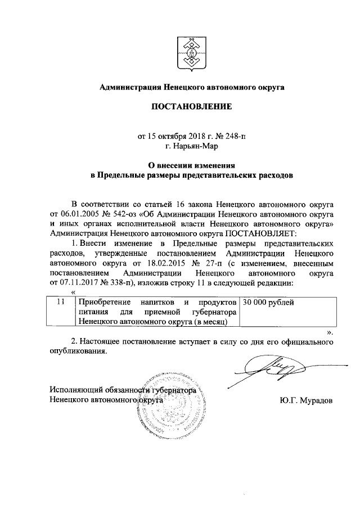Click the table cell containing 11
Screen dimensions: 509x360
coord(65,303)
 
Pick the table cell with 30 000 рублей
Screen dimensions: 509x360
coord(268,303)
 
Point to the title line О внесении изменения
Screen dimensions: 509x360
coord(191,166)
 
